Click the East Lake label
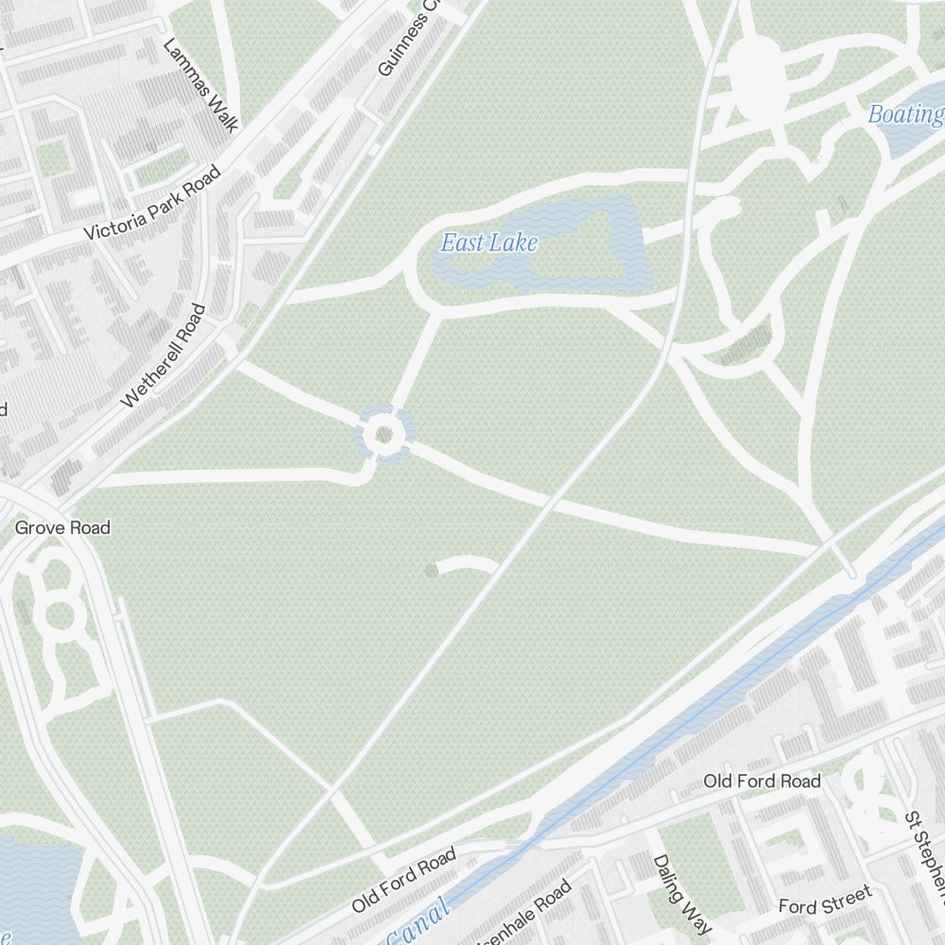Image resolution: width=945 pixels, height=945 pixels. pyautogui.click(x=489, y=243)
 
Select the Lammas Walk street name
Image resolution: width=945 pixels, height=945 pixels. pyautogui.click(x=200, y=85)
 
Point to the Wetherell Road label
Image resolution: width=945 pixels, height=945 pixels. pyautogui.click(x=163, y=355)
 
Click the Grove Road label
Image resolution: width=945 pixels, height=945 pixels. pyautogui.click(x=62, y=527)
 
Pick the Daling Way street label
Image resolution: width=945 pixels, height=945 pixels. pyautogui.click(x=682, y=893)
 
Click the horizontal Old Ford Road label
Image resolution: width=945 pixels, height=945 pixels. pyautogui.click(x=762, y=782)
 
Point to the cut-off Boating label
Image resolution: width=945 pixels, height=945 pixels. pyautogui.click(x=906, y=115)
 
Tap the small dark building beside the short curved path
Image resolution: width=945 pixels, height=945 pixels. pyautogui.click(x=432, y=569)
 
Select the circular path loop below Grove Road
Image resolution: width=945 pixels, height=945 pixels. pyautogui.click(x=59, y=615)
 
